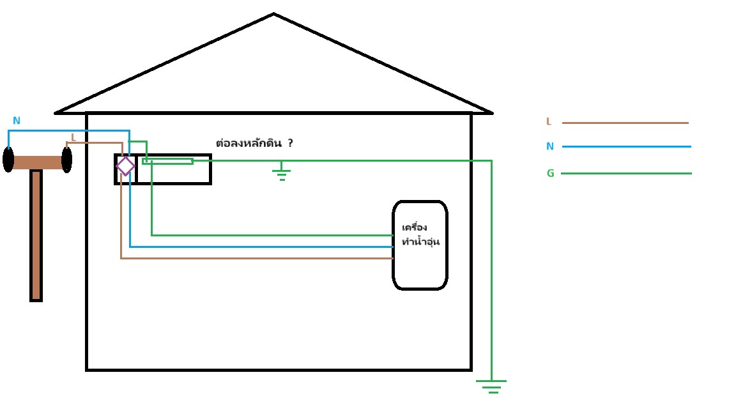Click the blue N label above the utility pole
tap(17, 121)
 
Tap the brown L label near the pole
tap(73, 137)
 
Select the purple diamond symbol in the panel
tap(125, 166)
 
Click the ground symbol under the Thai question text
tap(281, 172)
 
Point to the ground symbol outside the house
tap(491, 386)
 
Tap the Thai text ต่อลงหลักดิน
tap(249, 144)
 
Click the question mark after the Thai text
tap(290, 143)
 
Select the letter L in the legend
tap(548, 122)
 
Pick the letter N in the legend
tap(549, 146)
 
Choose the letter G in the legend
tap(550, 173)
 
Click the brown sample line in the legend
tap(625, 123)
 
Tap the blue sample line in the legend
tap(626, 146)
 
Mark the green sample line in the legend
tap(626, 173)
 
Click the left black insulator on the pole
tap(8, 160)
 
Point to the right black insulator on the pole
tap(66, 160)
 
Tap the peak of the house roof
tap(273, 15)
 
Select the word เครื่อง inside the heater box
tap(415, 227)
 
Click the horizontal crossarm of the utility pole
tap(37, 162)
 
